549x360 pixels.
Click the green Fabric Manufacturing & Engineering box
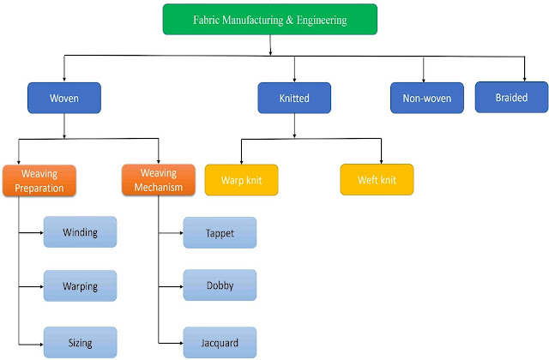(x=269, y=20)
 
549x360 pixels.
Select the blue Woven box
(x=64, y=98)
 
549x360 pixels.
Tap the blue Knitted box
(x=294, y=98)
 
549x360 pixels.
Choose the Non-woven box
(x=426, y=98)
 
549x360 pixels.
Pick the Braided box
(x=511, y=97)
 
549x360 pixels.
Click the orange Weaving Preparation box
(x=40, y=180)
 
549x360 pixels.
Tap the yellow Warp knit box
(x=241, y=180)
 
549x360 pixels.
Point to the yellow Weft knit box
(x=377, y=180)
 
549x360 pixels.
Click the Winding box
(x=80, y=232)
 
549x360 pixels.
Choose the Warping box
(x=80, y=286)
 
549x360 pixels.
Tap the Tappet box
(x=220, y=232)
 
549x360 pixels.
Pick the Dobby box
(x=220, y=286)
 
